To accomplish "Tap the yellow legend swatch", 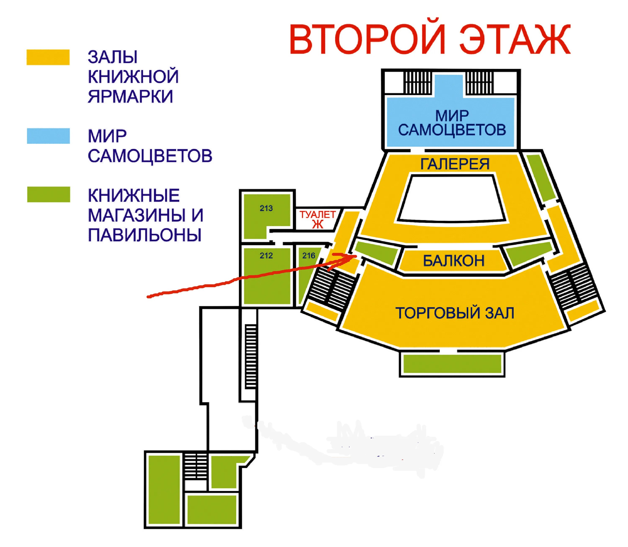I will pos(48,57).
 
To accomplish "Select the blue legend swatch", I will pos(48,136).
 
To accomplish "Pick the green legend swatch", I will pos(49,194).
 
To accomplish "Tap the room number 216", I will pos(308,255).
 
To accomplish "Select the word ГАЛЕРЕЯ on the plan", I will pos(455,164).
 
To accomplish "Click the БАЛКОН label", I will pos(453,261).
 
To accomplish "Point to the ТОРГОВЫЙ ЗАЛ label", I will pos(455,313).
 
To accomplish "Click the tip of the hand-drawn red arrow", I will pos(355,256).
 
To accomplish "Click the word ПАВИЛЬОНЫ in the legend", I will pos(145,235).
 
